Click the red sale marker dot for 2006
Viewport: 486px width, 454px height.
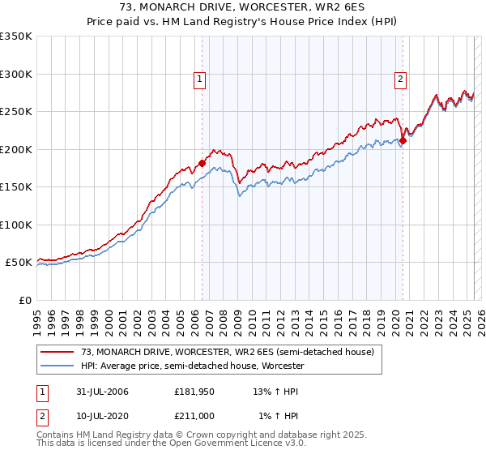click(202, 163)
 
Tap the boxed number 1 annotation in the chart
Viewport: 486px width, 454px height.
click(199, 79)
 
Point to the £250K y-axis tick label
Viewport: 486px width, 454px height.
click(16, 112)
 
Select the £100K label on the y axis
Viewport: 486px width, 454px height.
click(16, 225)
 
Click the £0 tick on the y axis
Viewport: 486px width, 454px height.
click(23, 300)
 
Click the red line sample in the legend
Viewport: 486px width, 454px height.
click(57, 352)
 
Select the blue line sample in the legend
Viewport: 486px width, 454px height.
click(57, 366)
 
